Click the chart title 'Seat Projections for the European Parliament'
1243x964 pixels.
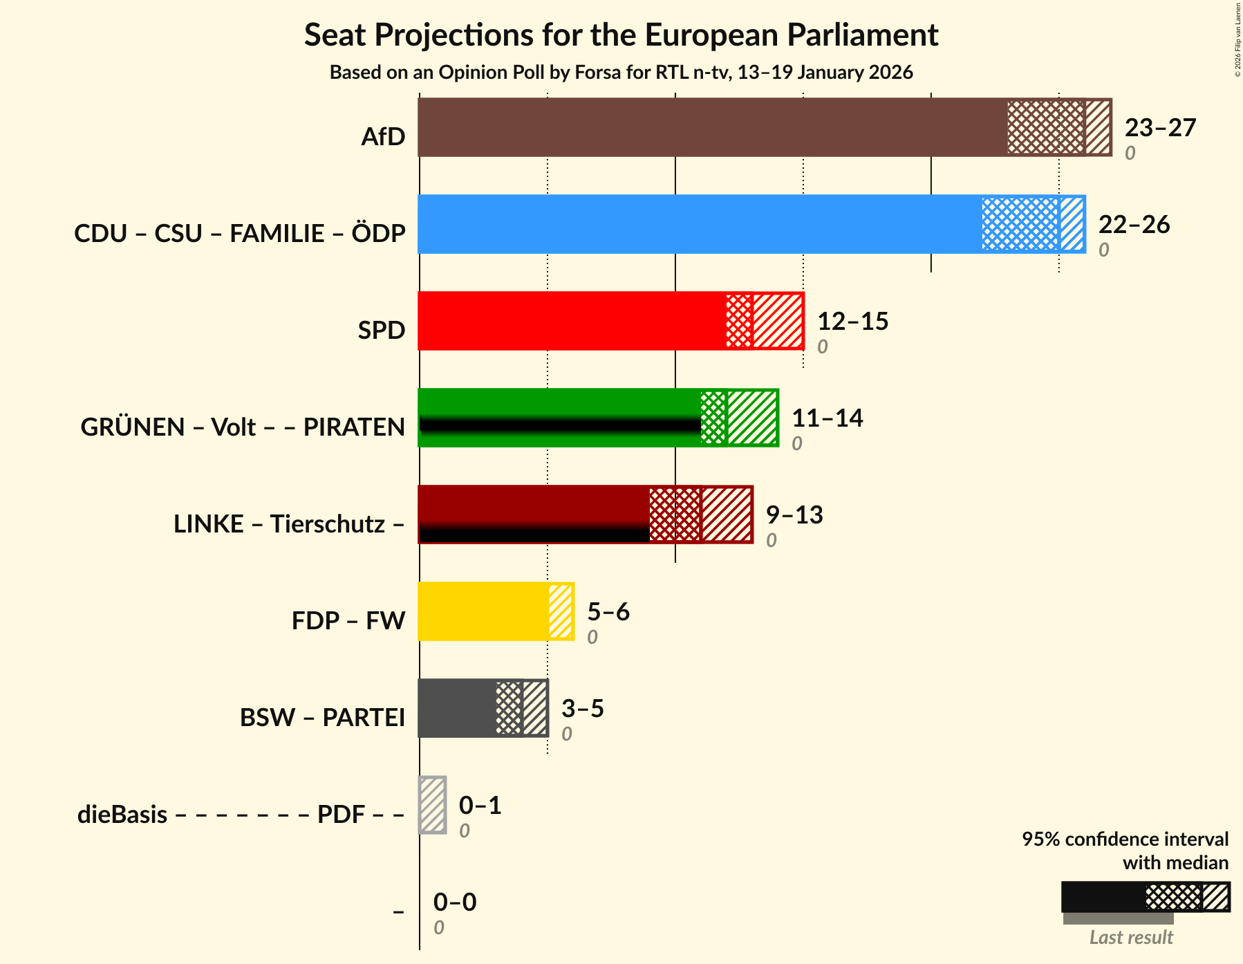[621, 35]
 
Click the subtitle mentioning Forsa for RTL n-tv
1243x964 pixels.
[621, 73]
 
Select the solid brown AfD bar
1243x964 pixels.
[712, 127]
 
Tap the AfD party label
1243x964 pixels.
[383, 137]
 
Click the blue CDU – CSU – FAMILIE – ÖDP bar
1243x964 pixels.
[698, 224]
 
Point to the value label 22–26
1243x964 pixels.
[1134, 225]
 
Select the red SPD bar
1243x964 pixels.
[571, 321]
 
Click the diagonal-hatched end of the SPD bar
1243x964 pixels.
[778, 321]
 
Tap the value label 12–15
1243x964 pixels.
[852, 322]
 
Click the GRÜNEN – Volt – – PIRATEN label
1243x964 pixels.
[243, 427]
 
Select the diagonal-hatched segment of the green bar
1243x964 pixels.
[752, 418]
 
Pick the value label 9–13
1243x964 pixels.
[794, 515]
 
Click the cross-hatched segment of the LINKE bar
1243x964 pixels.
[675, 515]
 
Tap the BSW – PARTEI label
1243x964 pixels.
[322, 718]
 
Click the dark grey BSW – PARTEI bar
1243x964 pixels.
[456, 708]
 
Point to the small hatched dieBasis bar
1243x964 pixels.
[433, 805]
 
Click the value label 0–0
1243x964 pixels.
[455, 902]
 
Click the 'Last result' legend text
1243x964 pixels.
[1131, 938]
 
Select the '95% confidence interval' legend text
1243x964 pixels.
[1125, 840]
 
